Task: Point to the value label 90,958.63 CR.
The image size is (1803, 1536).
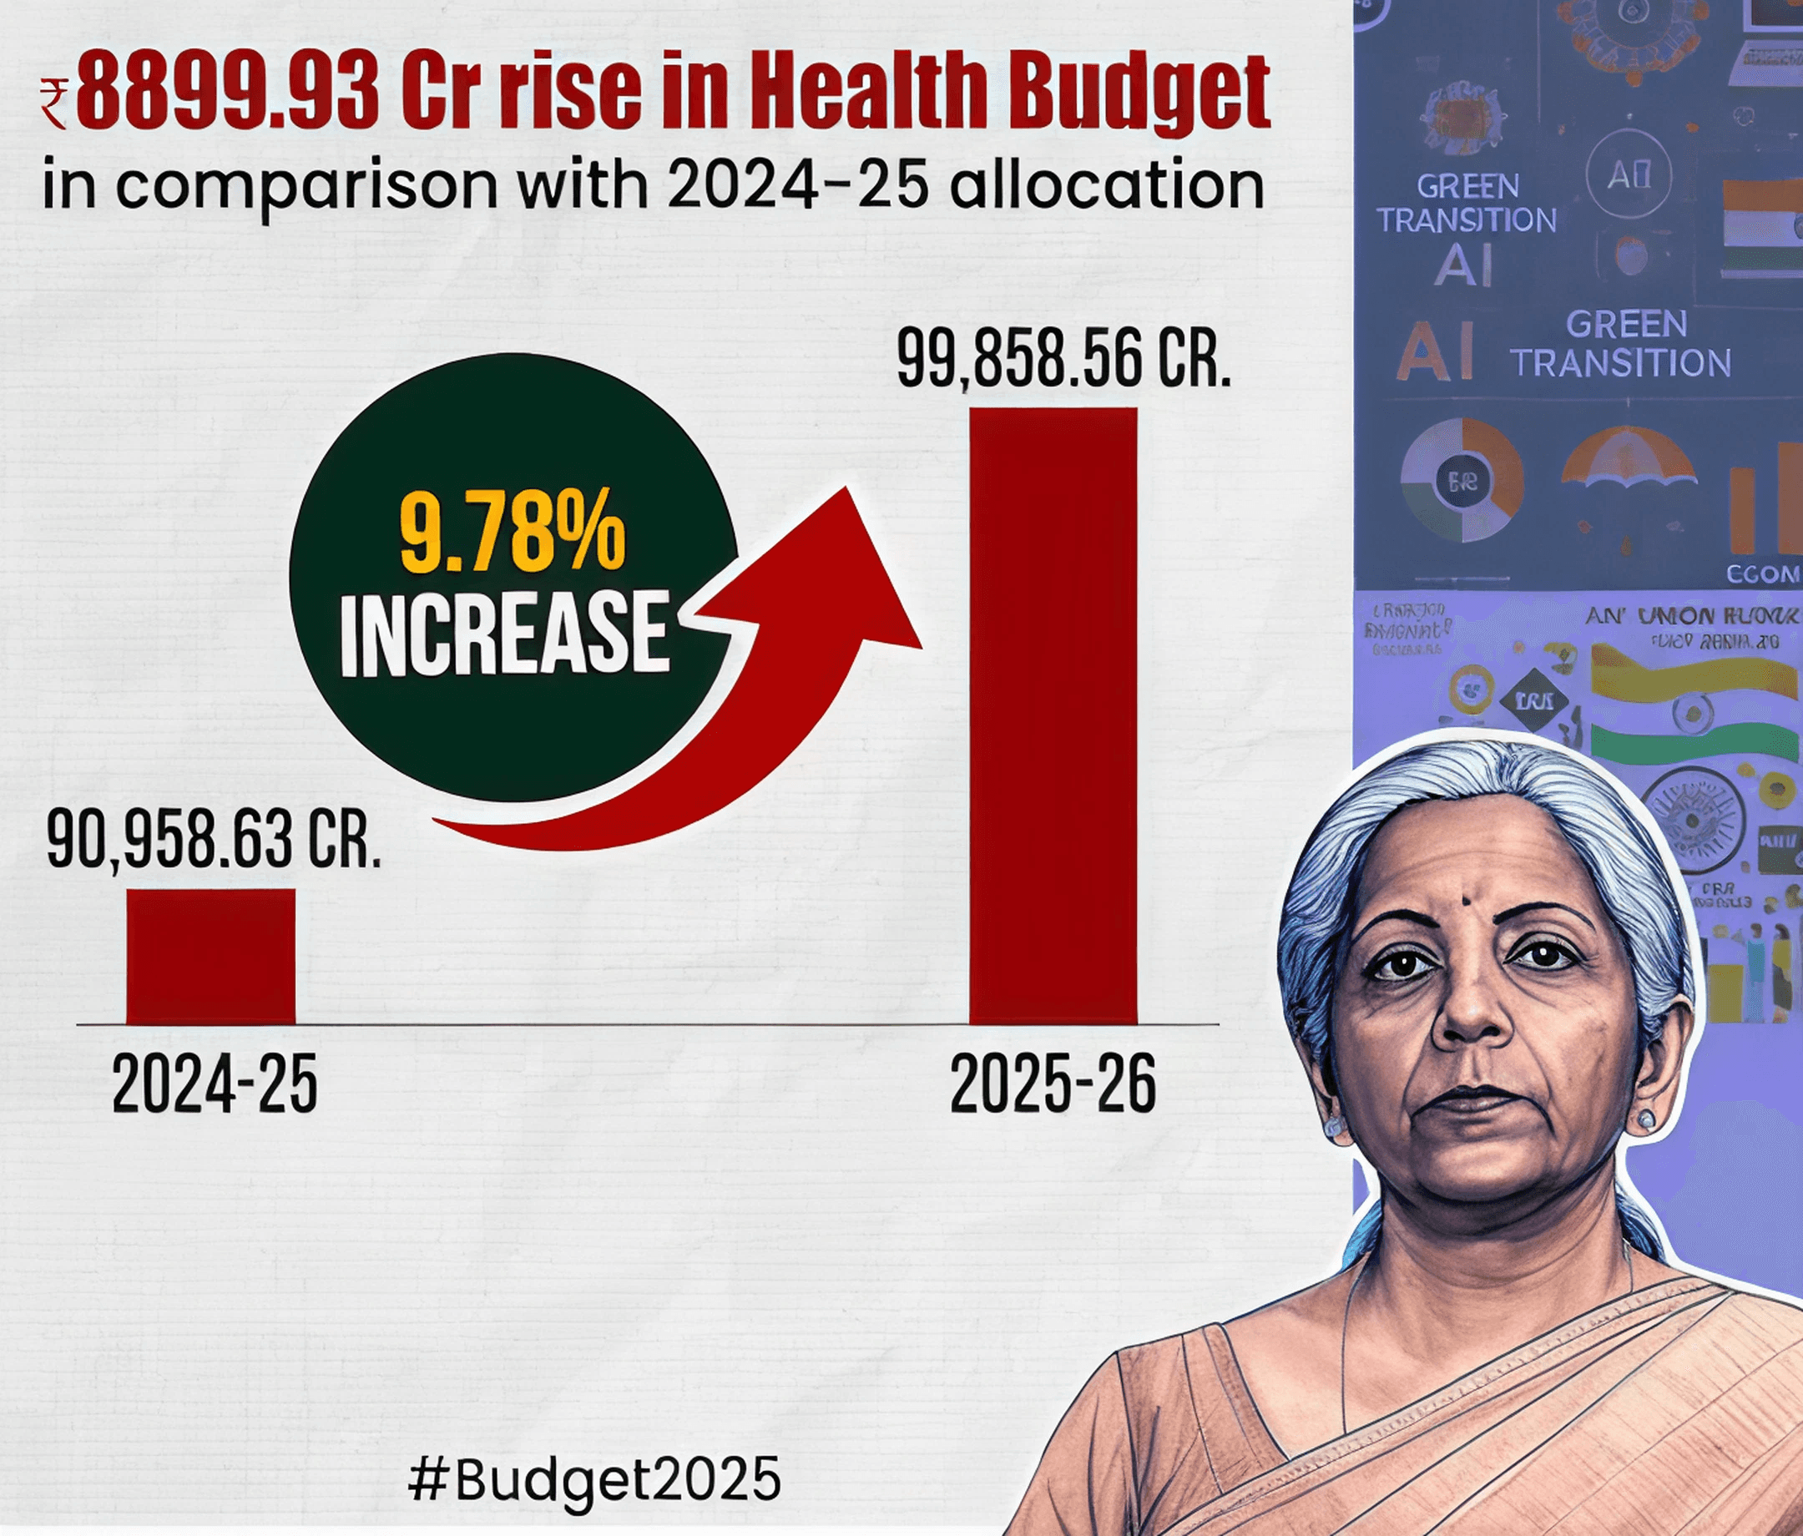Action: click(213, 840)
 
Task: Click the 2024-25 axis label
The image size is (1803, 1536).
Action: click(214, 1084)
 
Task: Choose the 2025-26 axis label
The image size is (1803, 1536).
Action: click(1052, 1084)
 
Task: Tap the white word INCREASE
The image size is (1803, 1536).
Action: click(505, 633)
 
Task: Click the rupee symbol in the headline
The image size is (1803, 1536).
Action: click(54, 103)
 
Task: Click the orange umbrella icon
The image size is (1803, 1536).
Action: click(1627, 462)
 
